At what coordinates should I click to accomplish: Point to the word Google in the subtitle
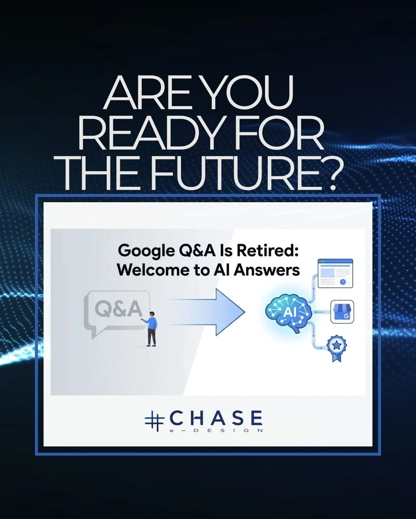(x=146, y=251)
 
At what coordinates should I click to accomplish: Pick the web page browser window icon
(x=335, y=273)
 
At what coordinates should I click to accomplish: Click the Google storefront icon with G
(x=342, y=312)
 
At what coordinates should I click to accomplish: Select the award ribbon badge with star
(x=337, y=348)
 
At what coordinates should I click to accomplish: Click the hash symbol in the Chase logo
(x=154, y=421)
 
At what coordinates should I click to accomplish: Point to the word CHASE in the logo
(x=216, y=418)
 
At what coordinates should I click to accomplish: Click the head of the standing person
(x=152, y=314)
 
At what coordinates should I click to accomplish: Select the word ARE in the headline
(x=148, y=93)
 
